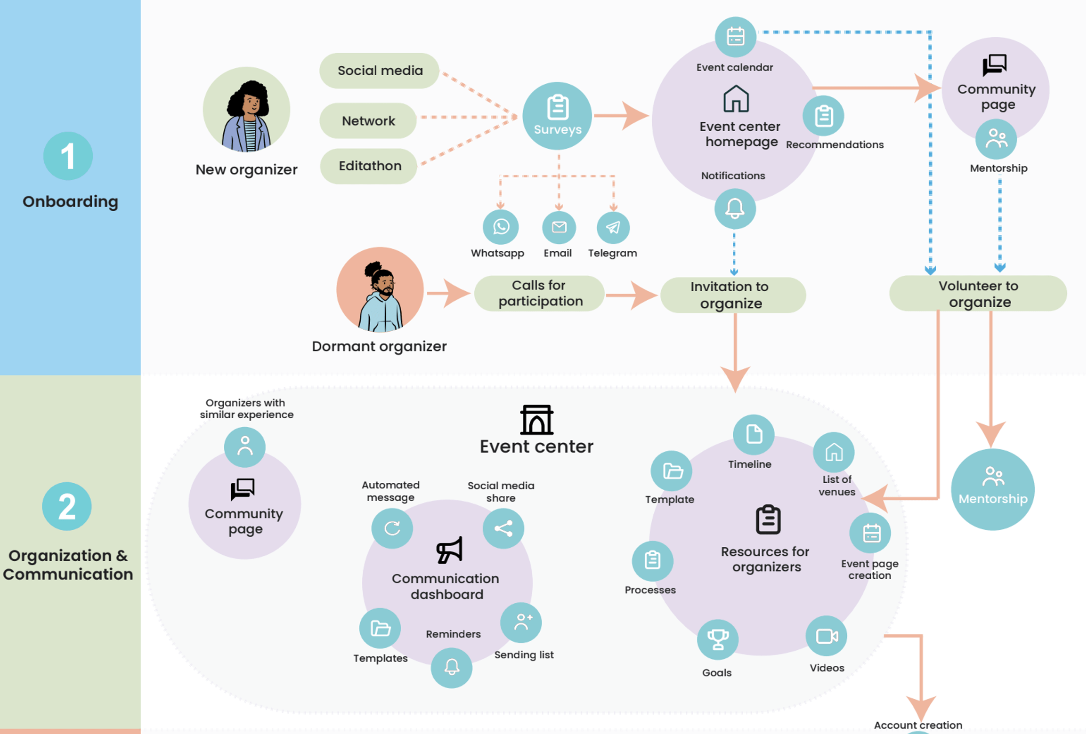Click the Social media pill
(x=379, y=71)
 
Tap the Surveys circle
(x=557, y=116)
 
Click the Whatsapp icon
(x=501, y=227)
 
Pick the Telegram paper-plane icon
(x=613, y=228)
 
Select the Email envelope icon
(x=559, y=228)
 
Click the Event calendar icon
(x=735, y=37)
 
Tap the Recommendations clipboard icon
(x=823, y=116)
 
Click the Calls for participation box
(x=539, y=294)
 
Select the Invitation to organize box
(x=733, y=295)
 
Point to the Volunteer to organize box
(x=978, y=294)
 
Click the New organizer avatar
(x=246, y=110)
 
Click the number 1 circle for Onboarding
(x=68, y=156)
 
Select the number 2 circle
(x=67, y=506)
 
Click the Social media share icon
(x=503, y=528)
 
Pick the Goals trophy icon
(x=717, y=639)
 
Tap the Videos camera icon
(x=827, y=636)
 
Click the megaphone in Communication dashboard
(x=449, y=550)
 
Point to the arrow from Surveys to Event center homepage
(x=622, y=116)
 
